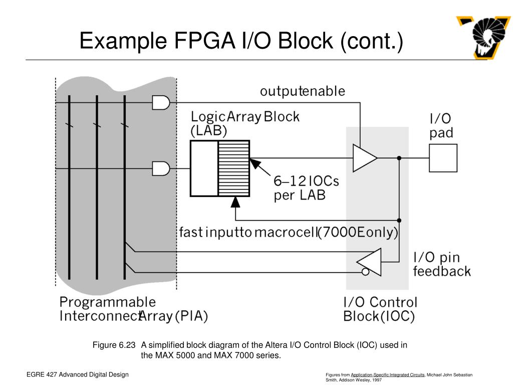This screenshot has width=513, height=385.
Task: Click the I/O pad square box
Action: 443,158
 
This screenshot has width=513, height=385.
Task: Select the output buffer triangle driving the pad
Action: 364,158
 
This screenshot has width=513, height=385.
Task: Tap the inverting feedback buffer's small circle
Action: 366,272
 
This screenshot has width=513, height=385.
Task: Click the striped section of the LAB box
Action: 233,168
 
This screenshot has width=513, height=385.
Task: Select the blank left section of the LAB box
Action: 204,168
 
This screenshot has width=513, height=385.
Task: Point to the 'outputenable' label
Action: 302,91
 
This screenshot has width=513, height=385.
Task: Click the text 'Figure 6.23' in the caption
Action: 114,345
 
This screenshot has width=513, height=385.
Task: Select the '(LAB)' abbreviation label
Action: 208,131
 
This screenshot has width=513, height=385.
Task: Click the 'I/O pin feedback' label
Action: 441,265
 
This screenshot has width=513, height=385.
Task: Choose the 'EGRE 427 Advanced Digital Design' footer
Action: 78,374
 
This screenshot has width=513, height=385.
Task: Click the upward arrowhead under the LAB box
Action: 235,202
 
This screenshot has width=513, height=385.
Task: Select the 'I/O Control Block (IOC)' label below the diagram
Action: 380,309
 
